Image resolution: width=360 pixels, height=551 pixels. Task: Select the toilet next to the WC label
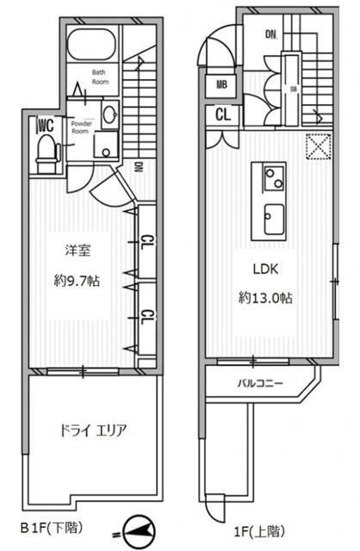click(47, 153)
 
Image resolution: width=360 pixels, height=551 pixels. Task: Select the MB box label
click(221, 85)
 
